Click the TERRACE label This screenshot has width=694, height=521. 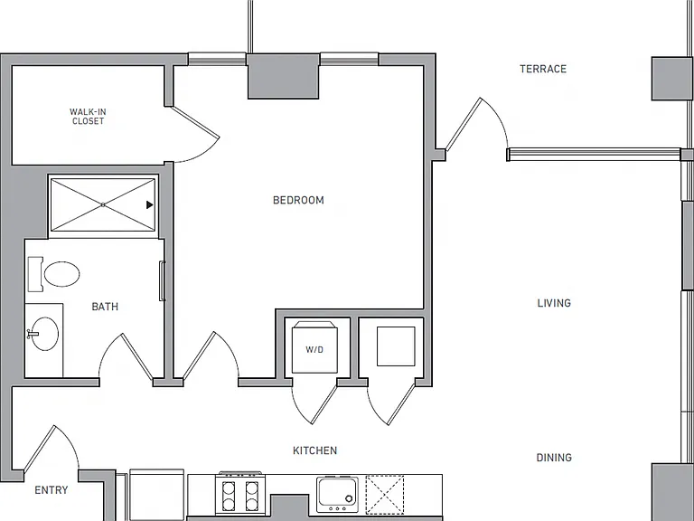pyautogui.click(x=543, y=69)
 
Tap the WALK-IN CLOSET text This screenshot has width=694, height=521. pyautogui.click(x=88, y=117)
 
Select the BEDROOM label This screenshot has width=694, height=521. pyautogui.click(x=298, y=200)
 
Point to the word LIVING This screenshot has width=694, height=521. pyautogui.click(x=554, y=303)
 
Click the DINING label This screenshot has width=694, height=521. pyautogui.click(x=554, y=458)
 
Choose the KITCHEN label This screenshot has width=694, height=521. pyautogui.click(x=315, y=450)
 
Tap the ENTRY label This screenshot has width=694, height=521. pyautogui.click(x=52, y=490)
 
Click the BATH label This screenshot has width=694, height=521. pyautogui.click(x=105, y=307)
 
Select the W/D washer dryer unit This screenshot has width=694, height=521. pyautogui.click(x=314, y=347)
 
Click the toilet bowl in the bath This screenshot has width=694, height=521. pyautogui.click(x=61, y=274)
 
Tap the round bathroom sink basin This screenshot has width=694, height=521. pyautogui.click(x=44, y=334)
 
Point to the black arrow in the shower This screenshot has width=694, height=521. pyautogui.click(x=150, y=204)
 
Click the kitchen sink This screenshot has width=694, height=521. pyautogui.click(x=337, y=495)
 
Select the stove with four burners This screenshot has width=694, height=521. pyautogui.click(x=239, y=495)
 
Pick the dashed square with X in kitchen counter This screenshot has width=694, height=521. pyautogui.click(x=385, y=495)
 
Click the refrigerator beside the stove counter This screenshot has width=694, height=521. pyautogui.click(x=156, y=495)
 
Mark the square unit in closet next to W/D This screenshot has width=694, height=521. pyautogui.click(x=396, y=346)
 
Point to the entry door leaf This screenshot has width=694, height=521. pyautogui.click(x=39, y=449)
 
